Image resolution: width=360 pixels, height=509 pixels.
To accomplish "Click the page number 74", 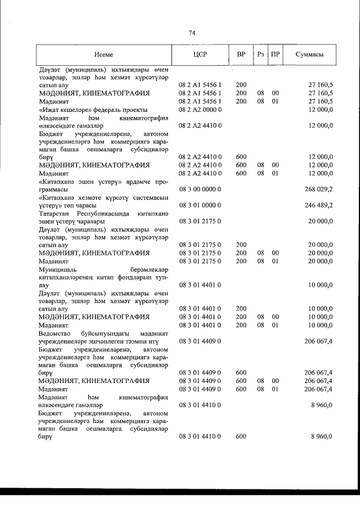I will [x=192, y=33].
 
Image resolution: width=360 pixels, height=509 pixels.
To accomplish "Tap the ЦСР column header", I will [x=200, y=55].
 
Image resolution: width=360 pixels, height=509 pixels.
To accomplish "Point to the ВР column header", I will [x=241, y=55].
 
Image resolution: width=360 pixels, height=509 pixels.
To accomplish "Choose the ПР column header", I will [x=275, y=55].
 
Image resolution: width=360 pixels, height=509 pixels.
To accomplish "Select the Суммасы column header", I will [x=309, y=55].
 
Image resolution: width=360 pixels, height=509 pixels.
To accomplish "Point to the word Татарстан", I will [x=55, y=214].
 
